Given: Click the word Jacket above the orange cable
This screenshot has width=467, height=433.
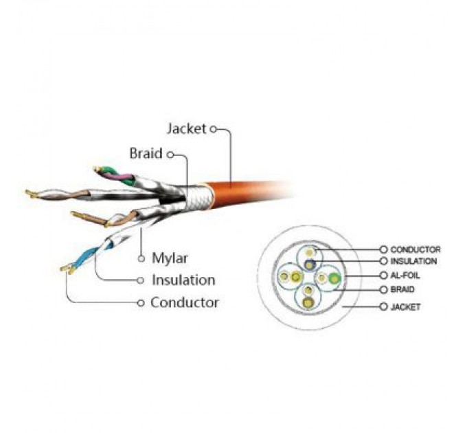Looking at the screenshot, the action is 186,129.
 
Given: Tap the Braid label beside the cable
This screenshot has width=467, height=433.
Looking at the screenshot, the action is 146,153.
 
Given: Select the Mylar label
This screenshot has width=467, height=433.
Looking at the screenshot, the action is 170,258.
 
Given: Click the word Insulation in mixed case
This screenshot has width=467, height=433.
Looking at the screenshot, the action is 183,280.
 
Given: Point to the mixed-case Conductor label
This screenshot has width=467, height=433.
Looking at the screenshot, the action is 185,302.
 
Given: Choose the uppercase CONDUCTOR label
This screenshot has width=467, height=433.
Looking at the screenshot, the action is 415,249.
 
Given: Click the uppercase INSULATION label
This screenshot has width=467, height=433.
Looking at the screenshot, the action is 413,261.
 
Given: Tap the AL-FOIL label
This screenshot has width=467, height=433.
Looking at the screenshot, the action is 405,276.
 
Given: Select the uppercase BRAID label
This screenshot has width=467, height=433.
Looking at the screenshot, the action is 402,289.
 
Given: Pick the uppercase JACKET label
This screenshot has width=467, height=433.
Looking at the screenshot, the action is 405,307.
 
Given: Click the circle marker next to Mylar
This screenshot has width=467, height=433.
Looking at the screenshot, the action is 141,258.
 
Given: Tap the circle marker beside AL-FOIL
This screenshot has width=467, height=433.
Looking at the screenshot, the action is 384,276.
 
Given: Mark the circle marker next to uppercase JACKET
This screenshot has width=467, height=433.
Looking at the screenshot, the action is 384,307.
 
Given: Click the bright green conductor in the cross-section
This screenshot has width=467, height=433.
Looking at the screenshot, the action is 334,278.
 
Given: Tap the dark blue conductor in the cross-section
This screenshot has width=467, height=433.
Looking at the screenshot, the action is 310,264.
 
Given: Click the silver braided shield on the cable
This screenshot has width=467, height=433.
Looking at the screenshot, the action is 199,197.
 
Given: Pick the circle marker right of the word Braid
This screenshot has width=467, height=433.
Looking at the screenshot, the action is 170,155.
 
